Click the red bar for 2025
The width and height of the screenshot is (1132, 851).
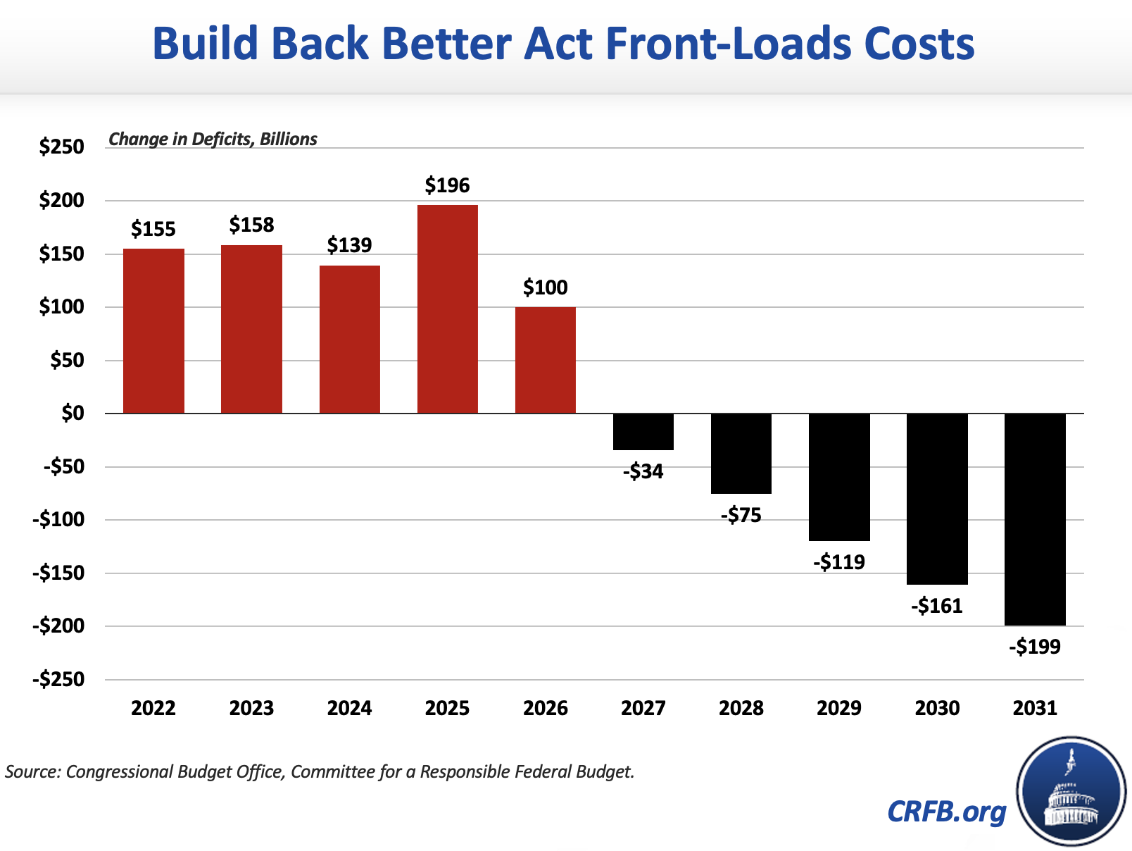point(448,309)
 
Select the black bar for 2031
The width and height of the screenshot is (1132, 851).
point(1035,519)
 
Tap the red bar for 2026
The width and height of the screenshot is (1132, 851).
point(546,360)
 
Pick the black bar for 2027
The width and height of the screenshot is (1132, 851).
point(643,432)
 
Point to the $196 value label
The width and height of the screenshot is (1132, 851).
point(448,185)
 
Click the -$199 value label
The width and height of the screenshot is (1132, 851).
point(1035,647)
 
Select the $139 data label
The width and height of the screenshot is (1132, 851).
point(349,245)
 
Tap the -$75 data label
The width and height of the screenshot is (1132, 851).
point(741,516)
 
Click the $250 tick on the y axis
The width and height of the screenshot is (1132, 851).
point(61,147)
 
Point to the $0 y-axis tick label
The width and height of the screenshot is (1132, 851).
point(70,414)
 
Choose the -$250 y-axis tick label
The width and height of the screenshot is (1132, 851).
point(58,680)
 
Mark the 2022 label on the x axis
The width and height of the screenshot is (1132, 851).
point(153,708)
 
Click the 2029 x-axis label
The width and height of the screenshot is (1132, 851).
point(839,708)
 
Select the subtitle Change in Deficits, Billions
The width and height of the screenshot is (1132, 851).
point(213,139)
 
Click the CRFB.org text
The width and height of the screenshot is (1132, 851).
point(947,812)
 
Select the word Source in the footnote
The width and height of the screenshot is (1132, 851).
point(32,771)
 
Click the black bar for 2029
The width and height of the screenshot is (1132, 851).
point(839,477)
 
